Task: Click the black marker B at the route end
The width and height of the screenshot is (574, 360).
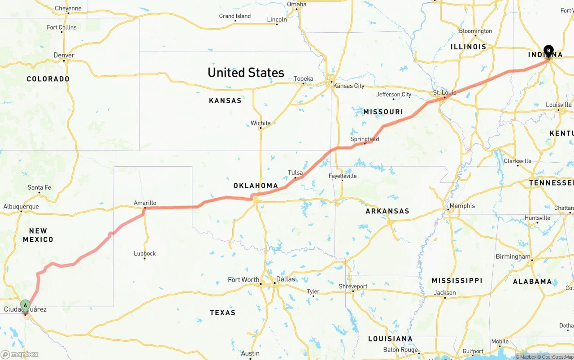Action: click(x=548, y=51)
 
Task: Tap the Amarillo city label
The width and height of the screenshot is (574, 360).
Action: click(x=145, y=203)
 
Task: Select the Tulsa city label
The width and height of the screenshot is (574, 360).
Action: click(x=295, y=173)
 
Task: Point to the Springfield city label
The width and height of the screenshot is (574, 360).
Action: click(x=365, y=139)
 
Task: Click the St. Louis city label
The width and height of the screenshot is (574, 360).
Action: click(x=444, y=93)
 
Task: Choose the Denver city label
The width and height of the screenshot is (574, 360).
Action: click(x=64, y=55)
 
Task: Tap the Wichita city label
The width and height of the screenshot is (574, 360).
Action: click(x=261, y=123)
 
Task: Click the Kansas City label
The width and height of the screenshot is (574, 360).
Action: click(x=348, y=86)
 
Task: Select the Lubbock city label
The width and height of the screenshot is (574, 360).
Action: click(x=145, y=253)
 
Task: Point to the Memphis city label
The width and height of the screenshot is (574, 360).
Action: click(x=462, y=206)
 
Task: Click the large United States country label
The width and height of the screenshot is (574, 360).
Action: click(x=246, y=73)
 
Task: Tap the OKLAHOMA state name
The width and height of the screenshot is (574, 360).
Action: click(x=256, y=186)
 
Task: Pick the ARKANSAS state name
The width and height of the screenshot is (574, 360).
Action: click(x=387, y=211)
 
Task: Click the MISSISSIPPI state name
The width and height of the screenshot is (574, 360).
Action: click(x=457, y=281)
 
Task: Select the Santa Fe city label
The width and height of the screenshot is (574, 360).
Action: click(x=39, y=187)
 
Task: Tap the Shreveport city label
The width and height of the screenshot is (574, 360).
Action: click(x=353, y=286)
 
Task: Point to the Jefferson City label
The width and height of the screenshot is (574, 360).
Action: click(x=394, y=95)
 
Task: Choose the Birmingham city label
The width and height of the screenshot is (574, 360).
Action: click(x=513, y=257)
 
